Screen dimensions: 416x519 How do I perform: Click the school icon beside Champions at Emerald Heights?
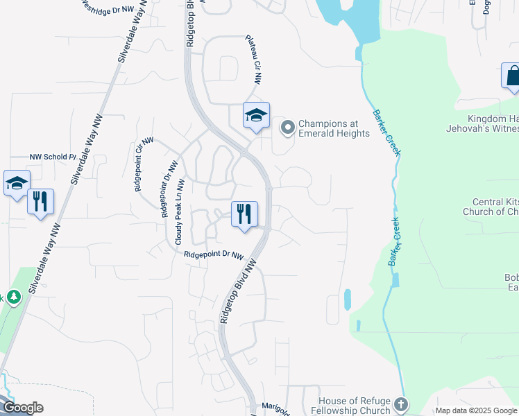click(256, 115)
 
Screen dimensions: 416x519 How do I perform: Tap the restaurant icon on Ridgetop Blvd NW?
click(244, 214)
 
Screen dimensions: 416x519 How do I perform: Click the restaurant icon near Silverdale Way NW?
click(40, 202)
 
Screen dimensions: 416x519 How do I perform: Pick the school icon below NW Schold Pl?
click(17, 184)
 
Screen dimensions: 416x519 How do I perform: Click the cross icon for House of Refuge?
click(401, 404)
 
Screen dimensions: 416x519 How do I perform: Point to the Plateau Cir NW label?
click(253, 60)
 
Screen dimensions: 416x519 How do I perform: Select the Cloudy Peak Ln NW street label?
click(179, 212)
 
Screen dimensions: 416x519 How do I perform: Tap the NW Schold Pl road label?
click(53, 157)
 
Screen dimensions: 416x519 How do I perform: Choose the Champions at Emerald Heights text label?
click(334, 128)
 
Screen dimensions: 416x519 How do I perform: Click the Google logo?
click(22, 408)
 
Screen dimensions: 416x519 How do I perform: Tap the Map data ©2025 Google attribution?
click(476, 410)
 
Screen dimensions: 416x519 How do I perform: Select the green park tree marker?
click(12, 297)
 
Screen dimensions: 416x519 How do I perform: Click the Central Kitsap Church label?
click(491, 207)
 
